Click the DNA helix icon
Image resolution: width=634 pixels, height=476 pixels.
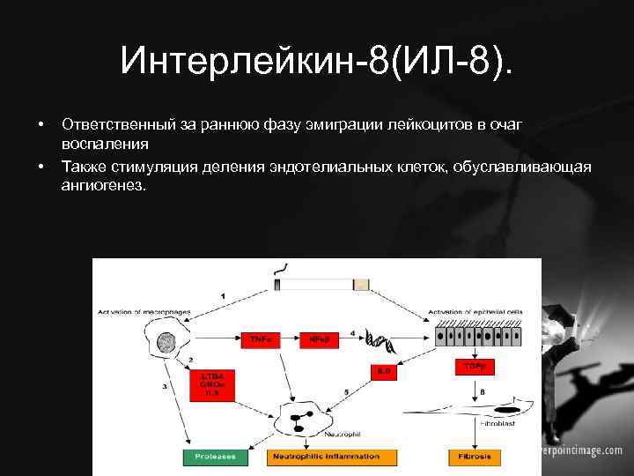point(381,339)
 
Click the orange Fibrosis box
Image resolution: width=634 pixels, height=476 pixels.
point(474,457)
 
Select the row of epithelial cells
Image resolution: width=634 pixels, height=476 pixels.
point(479,336)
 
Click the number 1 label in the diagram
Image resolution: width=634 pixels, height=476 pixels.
point(223,294)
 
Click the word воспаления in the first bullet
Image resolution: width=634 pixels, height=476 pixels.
point(105,143)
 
